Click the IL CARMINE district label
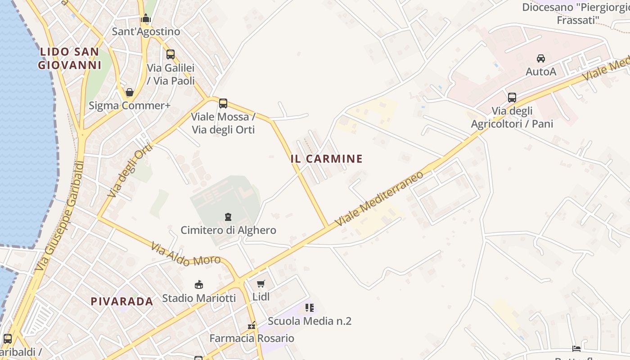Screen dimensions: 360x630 coord(327,159)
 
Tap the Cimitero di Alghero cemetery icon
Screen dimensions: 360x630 coord(228,217)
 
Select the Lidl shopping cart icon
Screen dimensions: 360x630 coord(261,283)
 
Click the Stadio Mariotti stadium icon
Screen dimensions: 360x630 coord(198,284)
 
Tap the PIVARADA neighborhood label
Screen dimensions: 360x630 coord(122,301)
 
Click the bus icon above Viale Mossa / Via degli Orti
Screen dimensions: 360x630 coord(223,103)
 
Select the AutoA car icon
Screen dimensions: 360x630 coord(541,58)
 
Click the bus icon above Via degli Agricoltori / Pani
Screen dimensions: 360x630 coord(512,97)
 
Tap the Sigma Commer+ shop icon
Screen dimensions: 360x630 coord(130,93)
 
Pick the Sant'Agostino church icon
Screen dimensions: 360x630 coord(146,18)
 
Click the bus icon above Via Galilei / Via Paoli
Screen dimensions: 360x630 coord(171,54)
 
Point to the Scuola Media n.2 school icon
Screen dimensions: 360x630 coord(309,308)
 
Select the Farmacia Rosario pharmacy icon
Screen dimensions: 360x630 coord(252,325)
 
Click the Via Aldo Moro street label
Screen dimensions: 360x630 coord(185,254)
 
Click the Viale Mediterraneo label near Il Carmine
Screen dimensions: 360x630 coord(380,199)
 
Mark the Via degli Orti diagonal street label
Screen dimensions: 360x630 coord(131,171)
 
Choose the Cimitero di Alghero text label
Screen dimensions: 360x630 coord(229,230)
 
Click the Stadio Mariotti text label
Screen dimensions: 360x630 coord(199,298)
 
